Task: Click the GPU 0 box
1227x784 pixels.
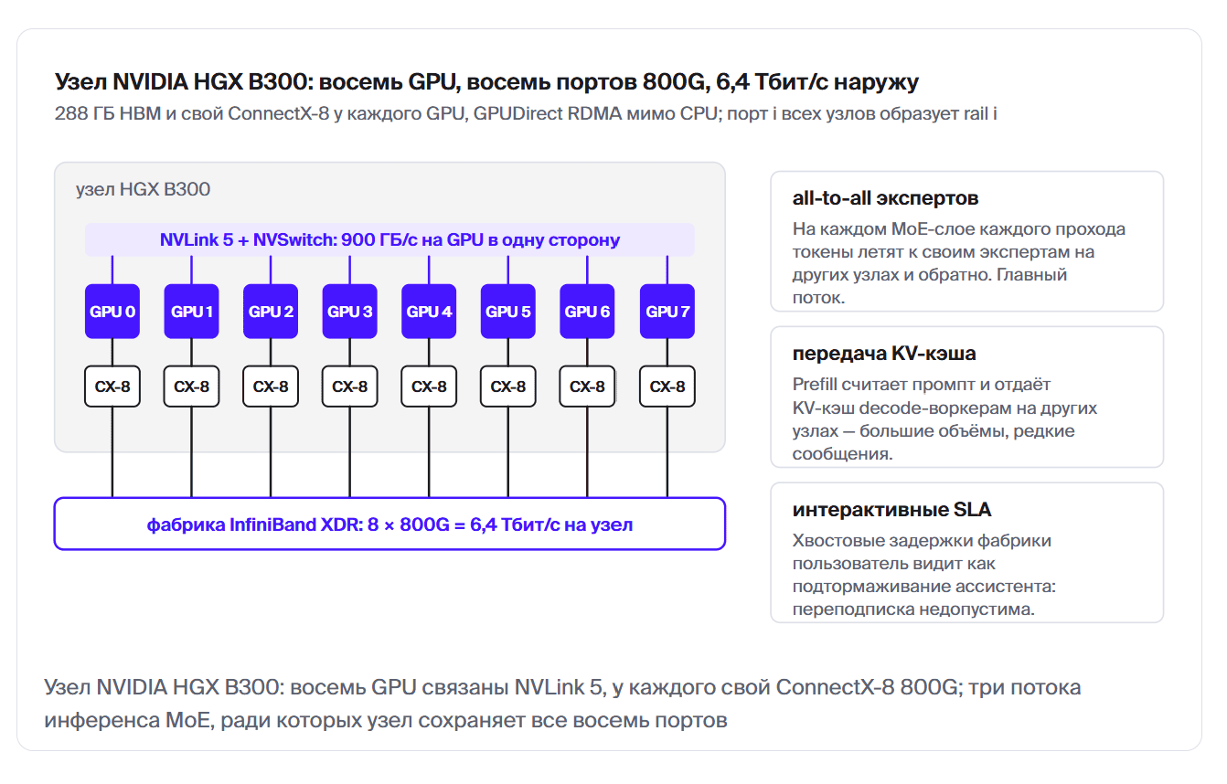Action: coord(112,311)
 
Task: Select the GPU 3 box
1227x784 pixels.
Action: coord(349,311)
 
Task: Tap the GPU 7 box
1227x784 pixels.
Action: coord(667,311)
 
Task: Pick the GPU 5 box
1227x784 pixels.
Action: coord(507,311)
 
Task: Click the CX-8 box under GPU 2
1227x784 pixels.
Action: coord(271,387)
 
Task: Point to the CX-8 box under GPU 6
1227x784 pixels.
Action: coord(587,387)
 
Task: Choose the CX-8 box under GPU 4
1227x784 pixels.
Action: coord(429,387)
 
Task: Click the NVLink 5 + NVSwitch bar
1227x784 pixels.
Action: coord(389,239)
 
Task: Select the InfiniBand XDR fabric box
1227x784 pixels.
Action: coord(389,524)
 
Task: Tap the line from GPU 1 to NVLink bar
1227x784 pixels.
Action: coord(191,270)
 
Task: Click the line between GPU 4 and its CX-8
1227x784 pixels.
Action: coord(429,352)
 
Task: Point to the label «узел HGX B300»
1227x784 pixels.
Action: coord(143,189)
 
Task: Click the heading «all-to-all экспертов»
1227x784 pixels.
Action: coord(885,198)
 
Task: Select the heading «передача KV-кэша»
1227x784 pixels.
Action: coord(884,354)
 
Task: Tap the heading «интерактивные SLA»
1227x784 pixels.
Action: coord(891,510)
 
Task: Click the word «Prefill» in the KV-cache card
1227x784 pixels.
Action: coord(815,385)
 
